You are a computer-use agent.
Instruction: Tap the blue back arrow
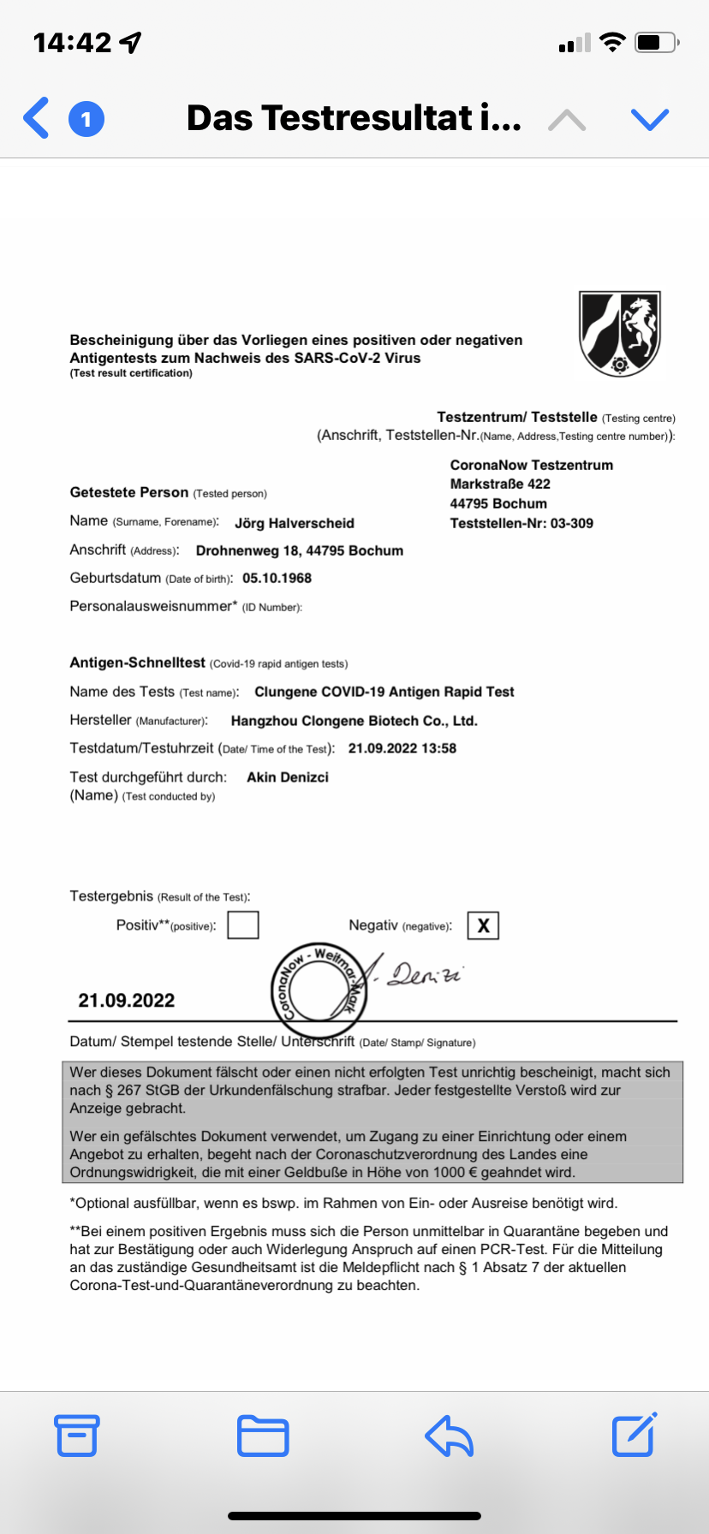[x=36, y=118]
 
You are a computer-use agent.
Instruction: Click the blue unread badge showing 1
[x=86, y=119]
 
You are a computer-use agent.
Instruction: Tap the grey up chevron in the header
[x=567, y=120]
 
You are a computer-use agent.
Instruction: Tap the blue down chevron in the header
[x=649, y=119]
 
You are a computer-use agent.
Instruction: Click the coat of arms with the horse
[x=620, y=333]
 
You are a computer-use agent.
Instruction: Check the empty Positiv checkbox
[x=243, y=925]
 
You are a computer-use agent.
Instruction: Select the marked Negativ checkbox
[x=483, y=925]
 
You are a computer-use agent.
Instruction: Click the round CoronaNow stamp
[x=319, y=985]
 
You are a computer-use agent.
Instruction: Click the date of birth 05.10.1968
[x=277, y=578]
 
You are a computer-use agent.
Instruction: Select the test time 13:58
[x=438, y=748]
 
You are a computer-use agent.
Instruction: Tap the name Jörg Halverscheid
[x=295, y=523]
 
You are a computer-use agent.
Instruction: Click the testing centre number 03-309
[x=571, y=523]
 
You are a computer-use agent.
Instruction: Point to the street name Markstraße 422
[x=500, y=484]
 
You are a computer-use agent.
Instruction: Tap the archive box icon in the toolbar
[x=77, y=1435]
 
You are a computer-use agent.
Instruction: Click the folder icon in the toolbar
[x=263, y=1436]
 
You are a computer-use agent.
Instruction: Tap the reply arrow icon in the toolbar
[x=449, y=1436]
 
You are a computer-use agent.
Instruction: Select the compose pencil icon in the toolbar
[x=634, y=1434]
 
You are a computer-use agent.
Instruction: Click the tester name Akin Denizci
[x=288, y=777]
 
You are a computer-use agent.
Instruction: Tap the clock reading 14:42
[x=73, y=42]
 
